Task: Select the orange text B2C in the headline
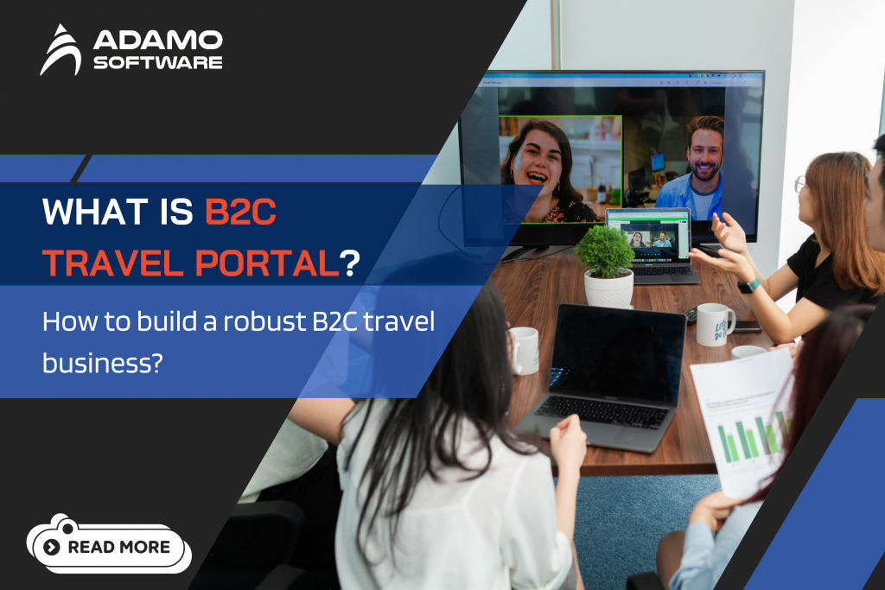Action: click(239, 213)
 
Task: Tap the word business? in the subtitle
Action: click(103, 363)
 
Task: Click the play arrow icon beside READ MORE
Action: click(52, 547)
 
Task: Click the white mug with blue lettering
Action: click(715, 323)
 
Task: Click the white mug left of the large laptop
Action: click(523, 349)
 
